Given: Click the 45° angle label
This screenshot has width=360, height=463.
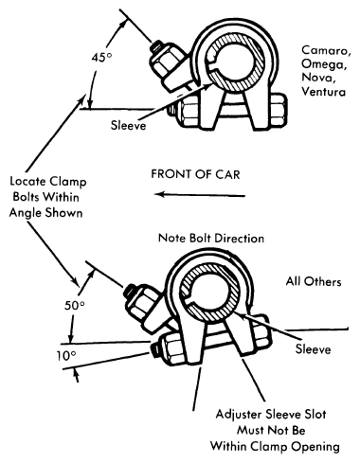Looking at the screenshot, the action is (101, 58).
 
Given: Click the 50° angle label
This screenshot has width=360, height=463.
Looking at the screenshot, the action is (75, 306).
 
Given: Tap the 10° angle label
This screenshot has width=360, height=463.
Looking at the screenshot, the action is (66, 356).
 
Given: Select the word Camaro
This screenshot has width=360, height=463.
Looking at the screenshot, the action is (326, 50).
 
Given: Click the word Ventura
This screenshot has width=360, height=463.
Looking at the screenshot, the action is (323, 91).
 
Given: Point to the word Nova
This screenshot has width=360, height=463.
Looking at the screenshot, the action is (316, 78).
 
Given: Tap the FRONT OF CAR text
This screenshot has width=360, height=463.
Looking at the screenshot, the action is (195, 174).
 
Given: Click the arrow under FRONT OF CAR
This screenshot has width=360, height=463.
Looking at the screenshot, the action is (200, 195).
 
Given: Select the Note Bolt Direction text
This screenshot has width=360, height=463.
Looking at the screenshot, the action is (211, 238).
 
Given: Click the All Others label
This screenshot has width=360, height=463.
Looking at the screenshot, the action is (314, 281).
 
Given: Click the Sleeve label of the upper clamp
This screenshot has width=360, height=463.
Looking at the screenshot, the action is (128, 125).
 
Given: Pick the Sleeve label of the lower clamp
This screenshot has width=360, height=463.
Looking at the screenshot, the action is (313, 348).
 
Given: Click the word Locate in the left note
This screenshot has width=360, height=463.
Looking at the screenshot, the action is (28, 182).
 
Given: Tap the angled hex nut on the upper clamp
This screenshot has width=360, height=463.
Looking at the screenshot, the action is (164, 62).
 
